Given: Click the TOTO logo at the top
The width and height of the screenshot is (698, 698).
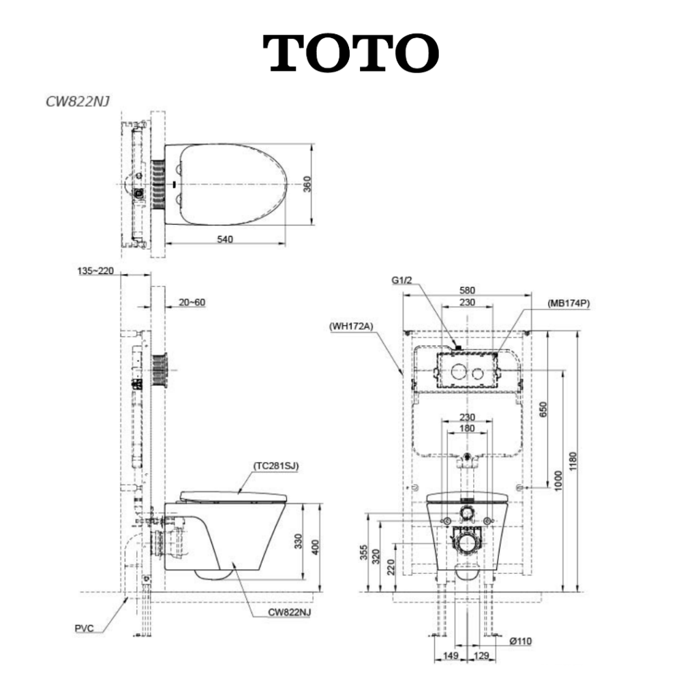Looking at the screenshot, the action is click(x=351, y=53).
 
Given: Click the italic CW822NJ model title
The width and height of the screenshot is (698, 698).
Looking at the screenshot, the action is click(x=78, y=102).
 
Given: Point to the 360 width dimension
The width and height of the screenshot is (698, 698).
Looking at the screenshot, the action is click(x=307, y=184).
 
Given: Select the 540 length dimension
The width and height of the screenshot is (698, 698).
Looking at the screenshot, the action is click(x=225, y=239).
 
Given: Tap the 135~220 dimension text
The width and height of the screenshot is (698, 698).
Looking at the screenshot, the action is click(x=95, y=271).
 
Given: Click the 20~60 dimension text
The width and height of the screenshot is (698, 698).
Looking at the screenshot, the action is click(x=192, y=302).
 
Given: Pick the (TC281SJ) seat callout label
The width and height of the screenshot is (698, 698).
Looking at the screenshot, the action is click(x=276, y=466).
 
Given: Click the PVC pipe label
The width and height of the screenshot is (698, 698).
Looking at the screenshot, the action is click(x=84, y=628).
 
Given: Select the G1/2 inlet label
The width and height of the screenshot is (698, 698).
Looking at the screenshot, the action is click(x=401, y=280).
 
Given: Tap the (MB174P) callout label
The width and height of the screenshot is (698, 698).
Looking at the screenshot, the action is click(x=568, y=303).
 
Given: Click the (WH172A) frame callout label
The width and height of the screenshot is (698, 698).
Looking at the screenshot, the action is click(x=351, y=327).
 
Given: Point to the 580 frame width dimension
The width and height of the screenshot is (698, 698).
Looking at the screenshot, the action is click(x=467, y=290).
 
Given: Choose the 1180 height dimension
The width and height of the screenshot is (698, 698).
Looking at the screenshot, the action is click(x=573, y=461).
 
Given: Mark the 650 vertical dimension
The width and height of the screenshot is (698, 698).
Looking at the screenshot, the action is click(x=543, y=410).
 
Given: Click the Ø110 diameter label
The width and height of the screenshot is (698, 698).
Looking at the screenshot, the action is click(x=520, y=641).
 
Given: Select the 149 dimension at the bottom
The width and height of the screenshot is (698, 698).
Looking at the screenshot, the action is click(x=451, y=655).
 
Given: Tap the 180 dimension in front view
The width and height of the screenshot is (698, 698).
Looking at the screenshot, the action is click(x=467, y=428).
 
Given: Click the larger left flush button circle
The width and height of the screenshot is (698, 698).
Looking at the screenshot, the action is click(x=458, y=371).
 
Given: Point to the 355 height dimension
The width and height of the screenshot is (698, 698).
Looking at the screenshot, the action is click(x=365, y=552).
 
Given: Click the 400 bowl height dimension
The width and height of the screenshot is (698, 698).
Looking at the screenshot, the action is click(x=315, y=547).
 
